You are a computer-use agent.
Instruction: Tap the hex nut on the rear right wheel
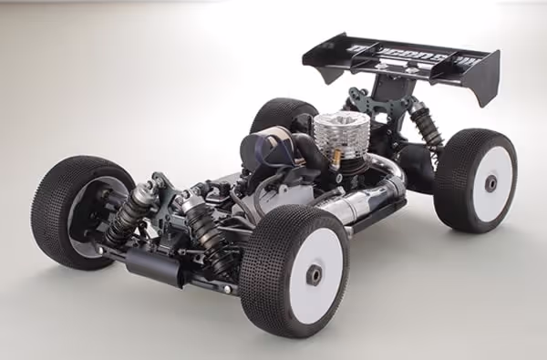[491, 182]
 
